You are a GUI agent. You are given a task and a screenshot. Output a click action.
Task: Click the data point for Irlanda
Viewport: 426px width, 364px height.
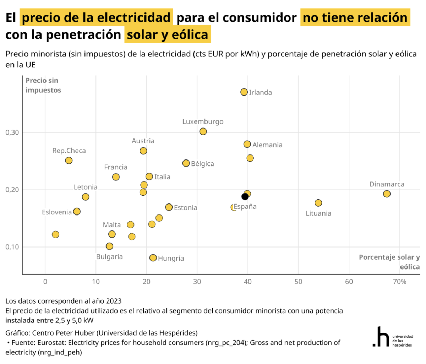[244, 92]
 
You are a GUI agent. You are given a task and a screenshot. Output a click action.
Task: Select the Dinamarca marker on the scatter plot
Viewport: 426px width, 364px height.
[387, 194]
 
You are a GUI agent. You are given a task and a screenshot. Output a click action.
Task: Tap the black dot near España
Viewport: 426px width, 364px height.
[245, 196]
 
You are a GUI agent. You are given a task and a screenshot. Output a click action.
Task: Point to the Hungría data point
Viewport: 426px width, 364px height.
[153, 258]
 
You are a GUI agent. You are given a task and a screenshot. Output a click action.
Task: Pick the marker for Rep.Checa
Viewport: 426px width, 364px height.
[69, 161]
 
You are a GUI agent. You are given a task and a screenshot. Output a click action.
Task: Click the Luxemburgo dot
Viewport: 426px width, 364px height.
[203, 131]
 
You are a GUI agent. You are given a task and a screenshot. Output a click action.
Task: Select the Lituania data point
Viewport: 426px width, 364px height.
[318, 203]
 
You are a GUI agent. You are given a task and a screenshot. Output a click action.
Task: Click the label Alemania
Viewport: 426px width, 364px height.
[267, 145]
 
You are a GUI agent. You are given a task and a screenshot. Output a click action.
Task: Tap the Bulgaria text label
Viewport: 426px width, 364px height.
[109, 256]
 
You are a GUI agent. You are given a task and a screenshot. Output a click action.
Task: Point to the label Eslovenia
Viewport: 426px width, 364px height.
[57, 212]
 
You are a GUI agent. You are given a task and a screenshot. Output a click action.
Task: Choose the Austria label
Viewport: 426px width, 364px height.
[143, 141]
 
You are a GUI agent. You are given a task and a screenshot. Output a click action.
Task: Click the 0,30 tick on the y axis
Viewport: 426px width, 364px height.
[12, 132]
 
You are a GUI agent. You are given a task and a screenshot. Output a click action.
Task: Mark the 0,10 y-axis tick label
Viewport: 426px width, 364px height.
[12, 247]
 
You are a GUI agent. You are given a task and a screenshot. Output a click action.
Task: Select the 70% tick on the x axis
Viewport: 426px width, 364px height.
[399, 282]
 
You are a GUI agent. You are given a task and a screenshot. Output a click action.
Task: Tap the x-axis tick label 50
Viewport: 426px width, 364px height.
[298, 282]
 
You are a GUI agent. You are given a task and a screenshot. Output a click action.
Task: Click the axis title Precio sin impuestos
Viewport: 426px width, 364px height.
[43, 85]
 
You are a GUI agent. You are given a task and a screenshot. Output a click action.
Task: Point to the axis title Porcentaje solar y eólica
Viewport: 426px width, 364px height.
[389, 262]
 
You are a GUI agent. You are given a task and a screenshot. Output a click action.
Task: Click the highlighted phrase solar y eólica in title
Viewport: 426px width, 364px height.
[167, 35]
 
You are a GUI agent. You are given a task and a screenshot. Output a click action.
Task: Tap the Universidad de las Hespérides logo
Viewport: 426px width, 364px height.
[393, 337]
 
